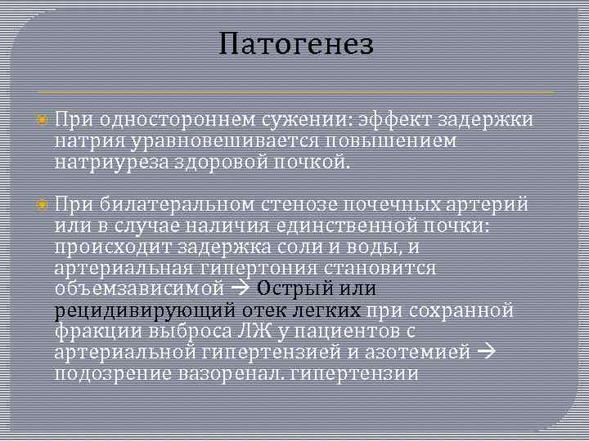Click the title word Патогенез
tap(296, 44)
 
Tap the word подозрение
tap(109, 374)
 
